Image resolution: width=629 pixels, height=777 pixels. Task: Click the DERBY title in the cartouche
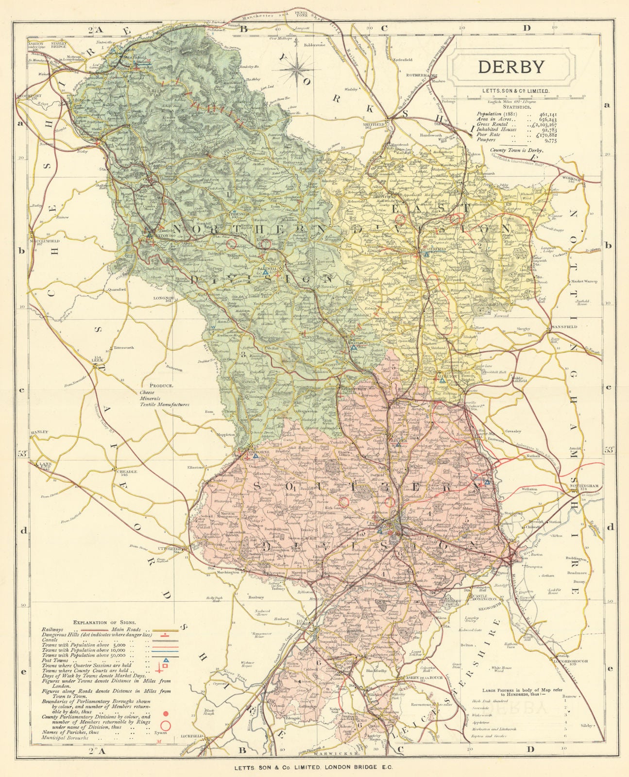[511, 67]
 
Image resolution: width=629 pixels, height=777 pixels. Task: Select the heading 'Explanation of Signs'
[104, 622]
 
